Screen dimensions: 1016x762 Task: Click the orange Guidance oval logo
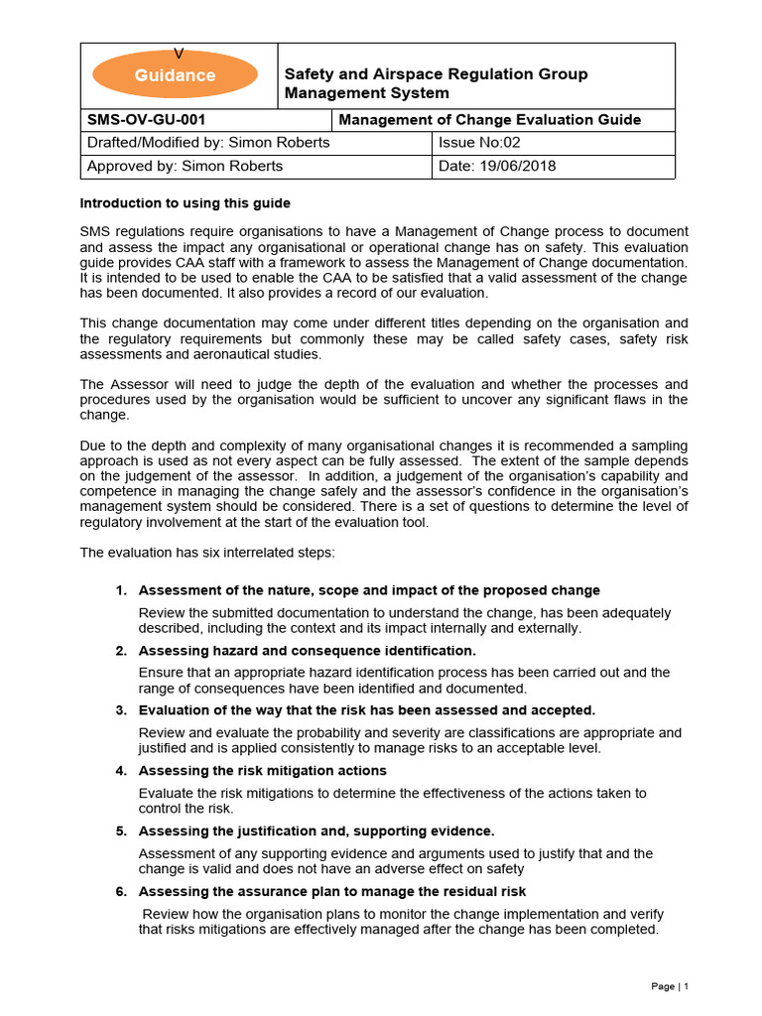click(x=175, y=74)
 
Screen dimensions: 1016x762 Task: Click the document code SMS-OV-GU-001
click(x=147, y=120)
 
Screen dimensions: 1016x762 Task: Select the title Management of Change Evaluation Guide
click(x=490, y=120)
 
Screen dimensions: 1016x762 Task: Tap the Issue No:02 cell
click(x=479, y=143)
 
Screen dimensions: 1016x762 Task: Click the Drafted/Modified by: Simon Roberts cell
click(x=208, y=143)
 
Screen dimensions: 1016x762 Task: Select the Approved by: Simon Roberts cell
click(x=185, y=166)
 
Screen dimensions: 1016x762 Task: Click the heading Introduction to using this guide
click(x=185, y=203)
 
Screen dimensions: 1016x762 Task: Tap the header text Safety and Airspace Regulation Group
click(x=436, y=74)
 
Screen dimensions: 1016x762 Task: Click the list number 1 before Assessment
click(x=120, y=590)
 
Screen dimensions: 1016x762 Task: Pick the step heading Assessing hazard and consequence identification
click(x=307, y=651)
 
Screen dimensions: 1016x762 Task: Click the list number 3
click(x=120, y=710)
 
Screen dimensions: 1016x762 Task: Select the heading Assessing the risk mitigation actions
click(x=262, y=771)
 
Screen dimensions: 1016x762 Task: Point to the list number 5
click(x=120, y=831)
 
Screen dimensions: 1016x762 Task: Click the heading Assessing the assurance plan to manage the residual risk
click(x=331, y=891)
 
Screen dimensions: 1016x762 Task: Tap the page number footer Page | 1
click(x=669, y=986)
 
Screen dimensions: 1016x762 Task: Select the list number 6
click(x=120, y=891)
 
